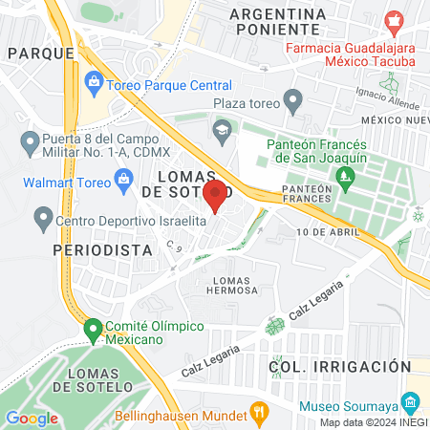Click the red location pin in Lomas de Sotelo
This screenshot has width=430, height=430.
[215, 195]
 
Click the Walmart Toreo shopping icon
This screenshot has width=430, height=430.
[123, 178]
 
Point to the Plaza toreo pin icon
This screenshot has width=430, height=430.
[294, 98]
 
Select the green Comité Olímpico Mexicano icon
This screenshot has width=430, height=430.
[93, 331]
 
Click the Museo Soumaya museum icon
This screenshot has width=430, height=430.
[411, 400]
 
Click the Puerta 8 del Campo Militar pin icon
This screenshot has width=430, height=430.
[28, 144]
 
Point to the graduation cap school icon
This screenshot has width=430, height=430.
[222, 129]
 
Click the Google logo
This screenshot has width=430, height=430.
[32, 418]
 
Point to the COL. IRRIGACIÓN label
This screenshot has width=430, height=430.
[339, 367]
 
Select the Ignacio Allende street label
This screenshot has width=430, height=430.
[388, 97]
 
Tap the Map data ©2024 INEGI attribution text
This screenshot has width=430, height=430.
[373, 422]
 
